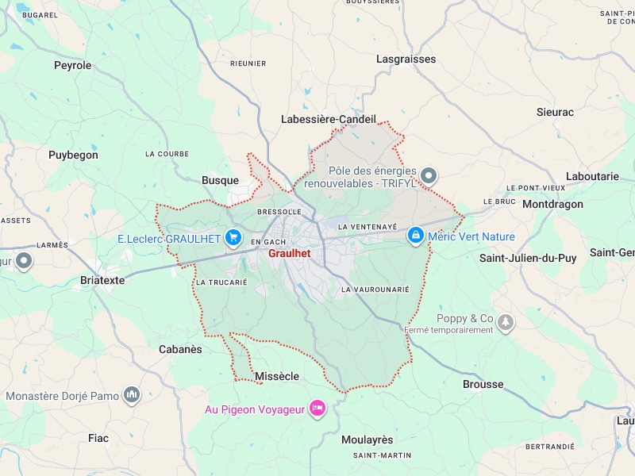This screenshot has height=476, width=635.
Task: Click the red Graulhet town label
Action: pos(289,254)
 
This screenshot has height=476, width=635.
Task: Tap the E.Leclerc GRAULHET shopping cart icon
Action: pos(233,237)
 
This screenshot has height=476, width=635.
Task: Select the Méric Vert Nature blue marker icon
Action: pos(415,236)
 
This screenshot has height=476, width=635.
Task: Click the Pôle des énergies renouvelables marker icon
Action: pos(429,176)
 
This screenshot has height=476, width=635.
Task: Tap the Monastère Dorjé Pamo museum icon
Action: pos(132,395)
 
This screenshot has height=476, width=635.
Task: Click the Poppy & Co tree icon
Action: pos(506,322)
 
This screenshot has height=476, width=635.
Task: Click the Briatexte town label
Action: pos(103,280)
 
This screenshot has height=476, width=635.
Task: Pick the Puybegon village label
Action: pos(73,155)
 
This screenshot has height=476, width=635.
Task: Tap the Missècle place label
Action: pos(277,376)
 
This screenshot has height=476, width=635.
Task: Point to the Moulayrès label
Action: pos(367,440)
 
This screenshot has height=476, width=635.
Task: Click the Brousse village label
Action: pos(483,384)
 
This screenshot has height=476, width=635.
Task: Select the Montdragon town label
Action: pos(552,204)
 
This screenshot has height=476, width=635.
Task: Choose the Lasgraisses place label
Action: pos(406,59)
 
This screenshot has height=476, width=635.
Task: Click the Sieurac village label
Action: pos(555,112)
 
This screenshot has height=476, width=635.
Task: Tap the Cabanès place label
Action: pos(180,349)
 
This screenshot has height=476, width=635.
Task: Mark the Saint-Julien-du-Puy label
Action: pos(528,258)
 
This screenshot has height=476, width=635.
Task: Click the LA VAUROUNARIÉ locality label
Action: pos(375,290)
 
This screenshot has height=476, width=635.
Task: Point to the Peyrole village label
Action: pos(73,65)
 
